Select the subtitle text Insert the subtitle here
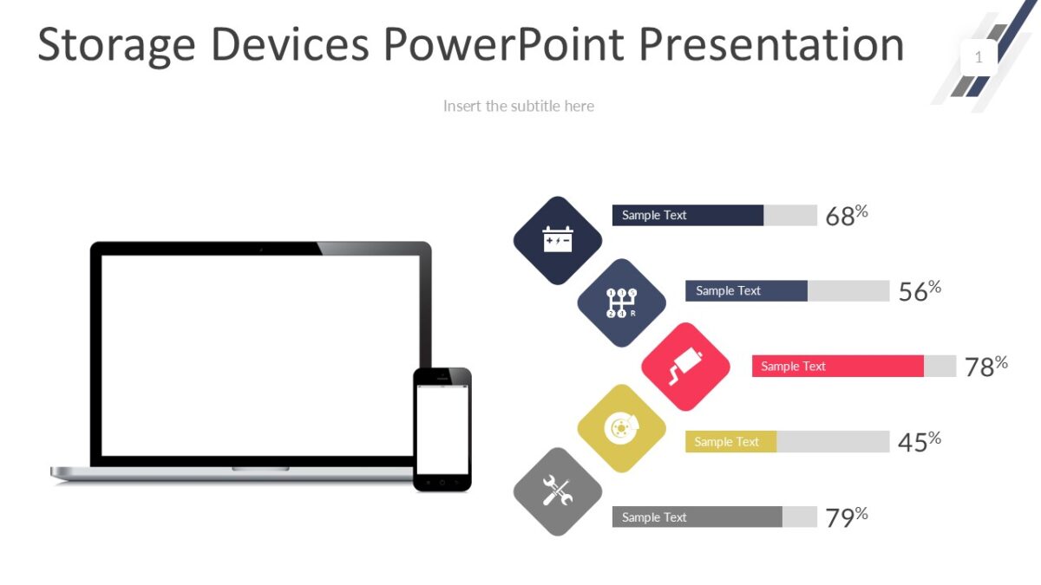[519, 106]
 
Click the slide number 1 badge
[979, 58]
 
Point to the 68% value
[846, 216]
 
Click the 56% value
[919, 291]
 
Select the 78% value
[985, 367]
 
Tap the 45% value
[919, 442]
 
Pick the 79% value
[846, 517]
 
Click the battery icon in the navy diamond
[558, 239]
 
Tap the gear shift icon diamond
[621, 302]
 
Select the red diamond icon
[685, 367]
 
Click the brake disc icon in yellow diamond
[621, 428]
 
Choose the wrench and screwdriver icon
[558, 491]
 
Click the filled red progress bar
[837, 367]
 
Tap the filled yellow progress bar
[730, 442]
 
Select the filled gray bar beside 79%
[697, 517]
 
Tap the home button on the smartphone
[442, 481]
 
